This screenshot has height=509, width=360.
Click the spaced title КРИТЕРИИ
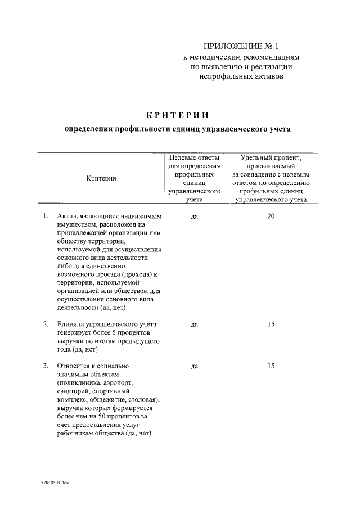pyautogui.click(x=177, y=115)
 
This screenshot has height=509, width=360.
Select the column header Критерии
pyautogui.click(x=101, y=178)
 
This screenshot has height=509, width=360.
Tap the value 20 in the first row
pyautogui.click(x=271, y=216)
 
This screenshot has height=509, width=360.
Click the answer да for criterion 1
pyautogui.click(x=194, y=217)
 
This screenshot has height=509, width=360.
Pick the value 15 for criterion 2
pyautogui.click(x=271, y=324)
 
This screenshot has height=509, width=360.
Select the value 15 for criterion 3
pyautogui.click(x=271, y=366)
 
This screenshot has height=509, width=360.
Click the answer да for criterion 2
pyautogui.click(x=194, y=325)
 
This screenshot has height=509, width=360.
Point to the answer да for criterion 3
pyautogui.click(x=194, y=366)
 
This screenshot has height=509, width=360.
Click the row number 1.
pyautogui.click(x=45, y=217)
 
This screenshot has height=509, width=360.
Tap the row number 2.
pyautogui.click(x=45, y=325)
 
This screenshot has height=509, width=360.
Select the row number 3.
pyautogui.click(x=45, y=366)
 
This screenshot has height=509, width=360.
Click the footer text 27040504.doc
pyautogui.click(x=55, y=483)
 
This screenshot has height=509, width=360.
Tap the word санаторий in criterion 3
pyautogui.click(x=73, y=391)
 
